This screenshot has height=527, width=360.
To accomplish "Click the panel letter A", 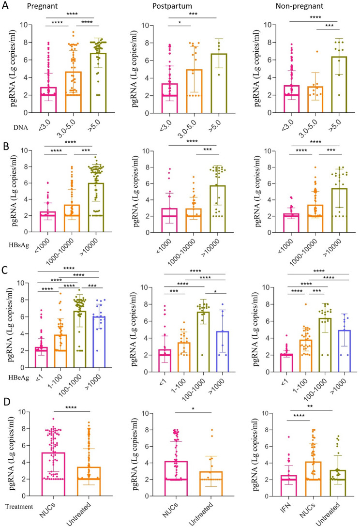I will point(5,6).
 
